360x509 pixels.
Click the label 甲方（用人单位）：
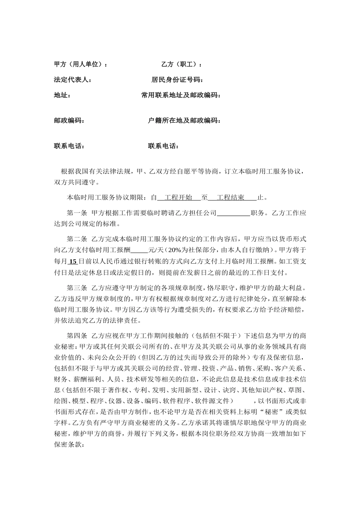click(81, 64)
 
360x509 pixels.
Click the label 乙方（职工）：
click(182, 64)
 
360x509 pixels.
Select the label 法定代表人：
click(72, 80)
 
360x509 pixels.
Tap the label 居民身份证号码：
click(177, 80)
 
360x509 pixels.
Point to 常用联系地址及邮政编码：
click(181, 95)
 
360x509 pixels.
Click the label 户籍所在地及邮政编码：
click(184, 120)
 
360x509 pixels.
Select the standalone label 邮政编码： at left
click(69, 120)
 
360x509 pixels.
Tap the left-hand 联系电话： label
click(69, 146)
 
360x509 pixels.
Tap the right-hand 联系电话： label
click(163, 146)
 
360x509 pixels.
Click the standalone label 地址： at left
click(62, 95)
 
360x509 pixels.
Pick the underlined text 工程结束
click(230, 197)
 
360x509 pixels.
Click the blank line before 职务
click(233, 213)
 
